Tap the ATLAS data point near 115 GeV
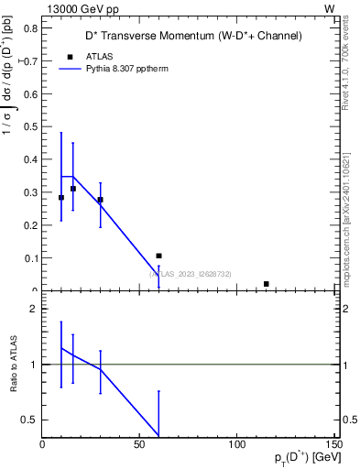[x=266, y=284]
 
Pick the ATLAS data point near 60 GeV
[x=158, y=256]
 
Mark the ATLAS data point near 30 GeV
[x=100, y=200]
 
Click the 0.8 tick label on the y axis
[x=29, y=28]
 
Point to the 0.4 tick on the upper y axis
[x=29, y=159]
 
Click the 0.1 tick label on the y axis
[x=29, y=258]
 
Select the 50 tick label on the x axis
[x=139, y=443]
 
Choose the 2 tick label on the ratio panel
[x=33, y=309]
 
